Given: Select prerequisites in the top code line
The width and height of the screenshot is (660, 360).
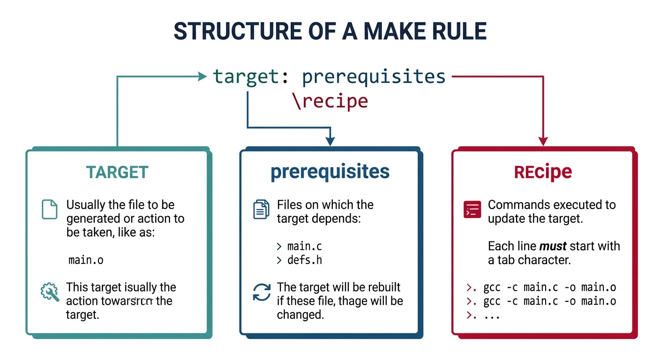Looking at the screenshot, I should click(x=374, y=76).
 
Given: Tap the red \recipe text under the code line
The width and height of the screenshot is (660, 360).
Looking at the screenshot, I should click(x=330, y=101).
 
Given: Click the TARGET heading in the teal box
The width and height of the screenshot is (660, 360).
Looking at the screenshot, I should click(x=117, y=172).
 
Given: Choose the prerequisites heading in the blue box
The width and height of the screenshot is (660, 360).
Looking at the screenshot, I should click(x=330, y=172).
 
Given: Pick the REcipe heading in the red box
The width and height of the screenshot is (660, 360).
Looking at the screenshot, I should click(x=543, y=172).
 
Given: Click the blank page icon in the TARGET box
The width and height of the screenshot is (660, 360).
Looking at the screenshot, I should click(x=50, y=209).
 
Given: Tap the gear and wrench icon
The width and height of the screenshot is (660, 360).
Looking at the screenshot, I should click(x=50, y=292).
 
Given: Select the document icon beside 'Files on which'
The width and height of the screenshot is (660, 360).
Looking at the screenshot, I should click(x=262, y=209).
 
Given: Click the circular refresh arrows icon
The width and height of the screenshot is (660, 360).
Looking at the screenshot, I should click(x=262, y=292).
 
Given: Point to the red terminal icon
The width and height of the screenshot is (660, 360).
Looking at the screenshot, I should click(x=472, y=209).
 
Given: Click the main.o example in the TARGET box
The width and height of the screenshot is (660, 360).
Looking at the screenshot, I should click(x=86, y=260).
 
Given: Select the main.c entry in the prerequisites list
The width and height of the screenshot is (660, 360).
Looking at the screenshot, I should click(x=305, y=246).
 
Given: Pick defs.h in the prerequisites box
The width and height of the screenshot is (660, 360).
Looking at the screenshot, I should click(x=305, y=260).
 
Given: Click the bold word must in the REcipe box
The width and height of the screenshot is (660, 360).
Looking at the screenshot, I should click(x=553, y=246).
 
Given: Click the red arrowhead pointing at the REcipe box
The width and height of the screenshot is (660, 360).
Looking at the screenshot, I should click(x=543, y=141).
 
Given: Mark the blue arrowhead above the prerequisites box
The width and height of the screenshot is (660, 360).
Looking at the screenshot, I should click(x=330, y=141).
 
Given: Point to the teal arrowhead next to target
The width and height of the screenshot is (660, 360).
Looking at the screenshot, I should click(x=202, y=76).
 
